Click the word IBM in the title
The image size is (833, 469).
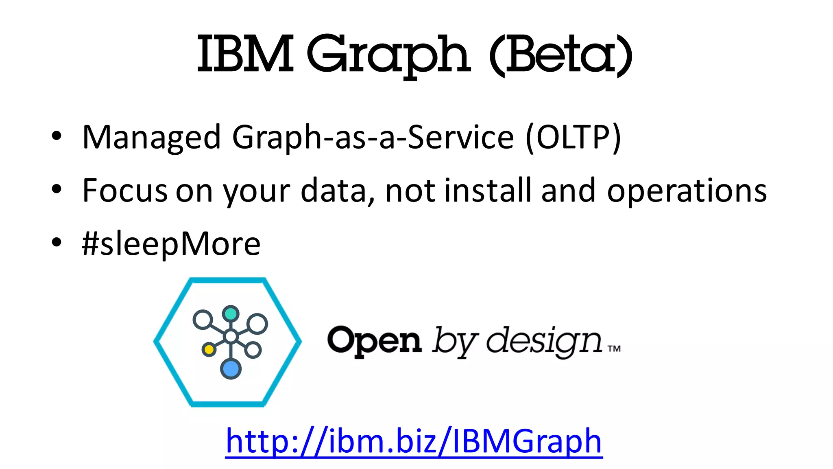(x=245, y=55)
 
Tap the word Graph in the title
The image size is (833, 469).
(x=388, y=55)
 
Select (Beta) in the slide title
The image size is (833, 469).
(x=560, y=55)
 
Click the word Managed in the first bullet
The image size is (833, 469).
(x=151, y=138)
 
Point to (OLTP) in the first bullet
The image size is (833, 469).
(x=573, y=138)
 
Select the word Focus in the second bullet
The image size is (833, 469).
(x=124, y=191)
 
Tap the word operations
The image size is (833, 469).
(x=687, y=191)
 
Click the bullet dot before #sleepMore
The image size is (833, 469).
(x=57, y=242)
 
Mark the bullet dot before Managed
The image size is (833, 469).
(x=57, y=136)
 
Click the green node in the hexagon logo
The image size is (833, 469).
(x=231, y=314)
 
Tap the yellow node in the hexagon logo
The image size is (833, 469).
(x=209, y=349)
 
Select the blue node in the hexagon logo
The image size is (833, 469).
(x=231, y=369)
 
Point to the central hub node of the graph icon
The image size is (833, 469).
(x=231, y=337)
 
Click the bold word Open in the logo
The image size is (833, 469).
(x=374, y=341)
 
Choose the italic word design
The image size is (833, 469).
(x=544, y=341)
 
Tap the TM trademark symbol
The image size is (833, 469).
(x=614, y=348)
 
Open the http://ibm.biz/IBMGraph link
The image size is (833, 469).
(x=414, y=441)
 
